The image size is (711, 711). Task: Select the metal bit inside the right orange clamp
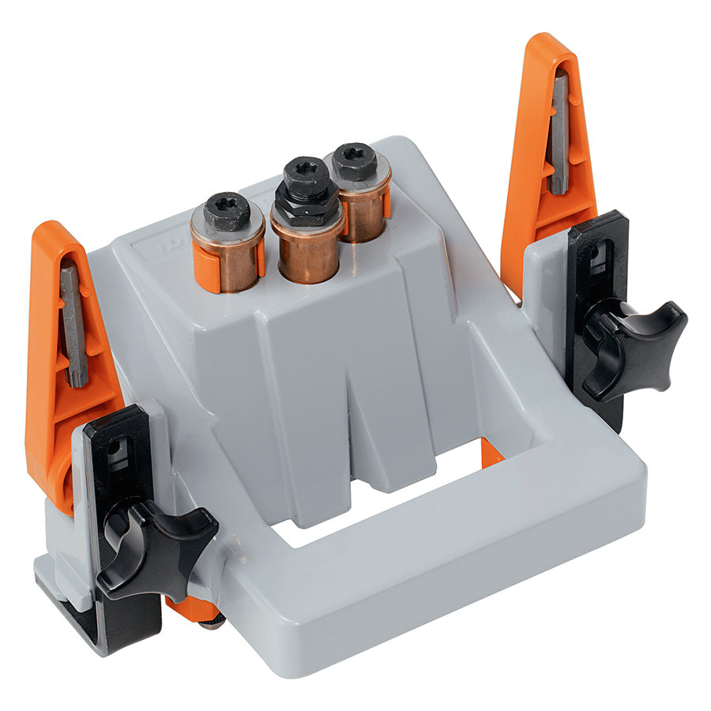coord(559,130)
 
